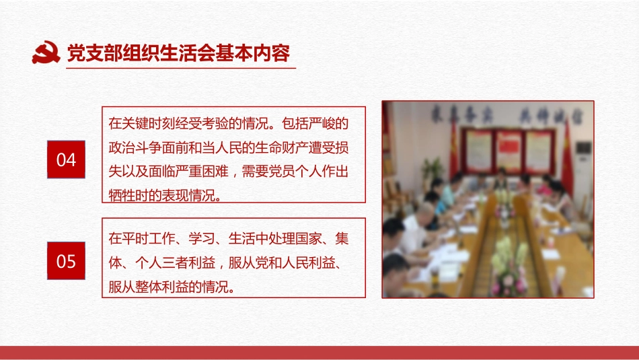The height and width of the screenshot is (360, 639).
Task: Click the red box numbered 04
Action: (66, 160)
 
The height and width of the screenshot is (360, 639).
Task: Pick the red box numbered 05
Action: (66, 260)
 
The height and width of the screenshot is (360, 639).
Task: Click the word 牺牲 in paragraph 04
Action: (122, 196)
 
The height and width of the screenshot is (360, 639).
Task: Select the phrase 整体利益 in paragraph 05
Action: (174, 287)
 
